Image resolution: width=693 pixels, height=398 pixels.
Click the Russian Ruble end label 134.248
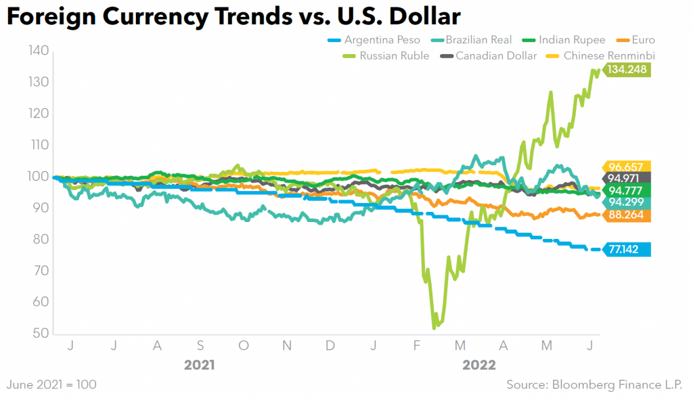(627, 70)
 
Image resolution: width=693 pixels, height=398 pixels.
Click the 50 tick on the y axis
(39, 334)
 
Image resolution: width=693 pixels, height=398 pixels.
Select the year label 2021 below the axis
(200, 365)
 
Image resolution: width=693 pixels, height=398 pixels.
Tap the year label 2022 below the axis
(479, 365)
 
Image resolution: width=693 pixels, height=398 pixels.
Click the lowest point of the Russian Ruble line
(434, 328)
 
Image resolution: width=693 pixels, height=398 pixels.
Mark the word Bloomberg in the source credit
(584, 384)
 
